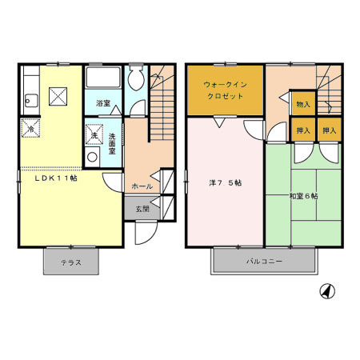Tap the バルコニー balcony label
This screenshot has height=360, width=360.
(263, 261)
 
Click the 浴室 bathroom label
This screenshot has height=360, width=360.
(102, 103)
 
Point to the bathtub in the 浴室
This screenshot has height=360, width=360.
(102, 79)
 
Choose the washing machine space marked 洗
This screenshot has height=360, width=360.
(93, 134)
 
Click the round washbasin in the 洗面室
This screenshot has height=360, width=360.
(92, 158)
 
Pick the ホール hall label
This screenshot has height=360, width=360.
(142, 186)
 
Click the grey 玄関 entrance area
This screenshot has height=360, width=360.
(142, 209)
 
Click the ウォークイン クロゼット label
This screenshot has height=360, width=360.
(224, 90)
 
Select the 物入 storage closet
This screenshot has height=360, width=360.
(302, 103)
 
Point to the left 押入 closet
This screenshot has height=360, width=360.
(302, 130)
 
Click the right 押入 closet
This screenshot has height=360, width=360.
(329, 130)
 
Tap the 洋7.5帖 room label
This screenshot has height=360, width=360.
(225, 183)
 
